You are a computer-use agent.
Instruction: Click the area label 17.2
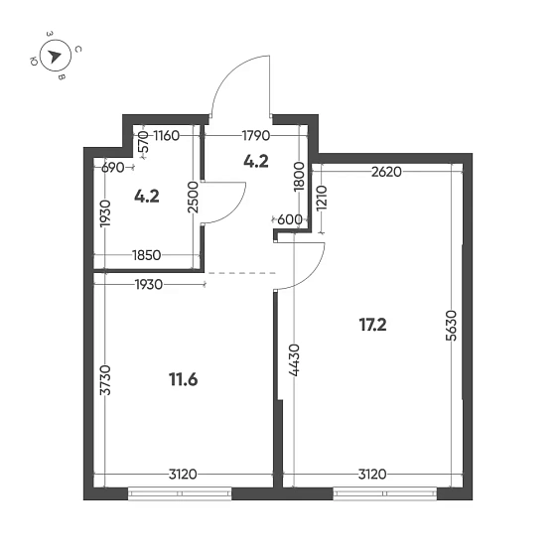372,323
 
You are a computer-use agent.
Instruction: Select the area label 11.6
184,377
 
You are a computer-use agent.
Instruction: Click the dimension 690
113,168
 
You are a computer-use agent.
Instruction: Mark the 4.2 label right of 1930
147,196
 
